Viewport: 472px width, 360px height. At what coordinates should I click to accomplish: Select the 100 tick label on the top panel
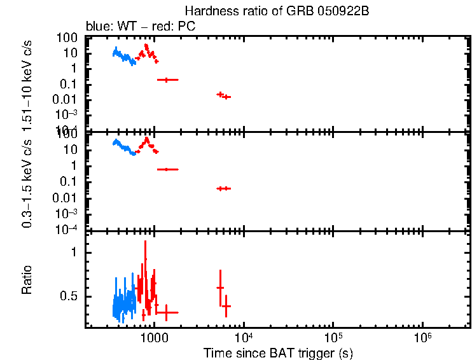point(69,38)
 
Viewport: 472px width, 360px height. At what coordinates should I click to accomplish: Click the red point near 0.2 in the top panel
point(167,80)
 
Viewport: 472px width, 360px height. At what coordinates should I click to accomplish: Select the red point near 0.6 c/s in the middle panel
point(167,169)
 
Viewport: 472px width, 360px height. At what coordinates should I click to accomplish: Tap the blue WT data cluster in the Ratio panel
point(123,303)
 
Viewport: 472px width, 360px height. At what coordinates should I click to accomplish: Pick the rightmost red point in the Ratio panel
point(225,306)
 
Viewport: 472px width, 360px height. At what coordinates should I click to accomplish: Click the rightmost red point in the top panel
point(226,97)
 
